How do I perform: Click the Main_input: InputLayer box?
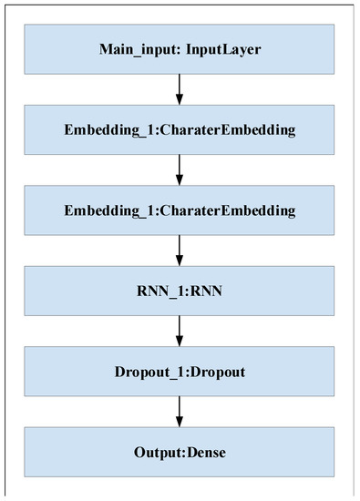point(180,47)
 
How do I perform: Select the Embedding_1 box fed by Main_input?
point(180,129)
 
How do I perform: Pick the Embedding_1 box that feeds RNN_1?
point(180,211)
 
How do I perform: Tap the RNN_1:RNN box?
point(180,292)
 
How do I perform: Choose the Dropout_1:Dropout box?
point(180,373)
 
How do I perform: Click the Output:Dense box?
point(180,453)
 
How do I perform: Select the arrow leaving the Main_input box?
point(180,88)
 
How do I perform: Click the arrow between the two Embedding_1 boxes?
point(180,170)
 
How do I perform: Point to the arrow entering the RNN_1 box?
point(180,251)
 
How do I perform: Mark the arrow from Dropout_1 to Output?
point(180,414)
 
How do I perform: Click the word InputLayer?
point(223,47)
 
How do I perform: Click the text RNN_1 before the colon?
point(159,292)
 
